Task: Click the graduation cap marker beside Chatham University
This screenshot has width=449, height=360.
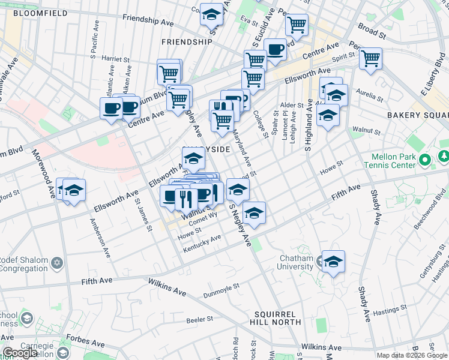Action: pyautogui.click(x=333, y=262)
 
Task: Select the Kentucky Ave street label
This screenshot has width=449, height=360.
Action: pyautogui.click(x=202, y=239)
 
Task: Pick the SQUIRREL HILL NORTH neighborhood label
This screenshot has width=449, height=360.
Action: pyautogui.click(x=277, y=318)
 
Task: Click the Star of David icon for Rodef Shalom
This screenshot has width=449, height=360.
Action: pyautogui.click(x=57, y=263)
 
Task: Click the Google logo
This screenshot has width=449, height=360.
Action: pyautogui.click(x=20, y=353)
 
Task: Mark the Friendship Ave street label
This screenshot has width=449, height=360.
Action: pyautogui.click(x=148, y=20)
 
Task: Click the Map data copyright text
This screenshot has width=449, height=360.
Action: pyautogui.click(x=411, y=355)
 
